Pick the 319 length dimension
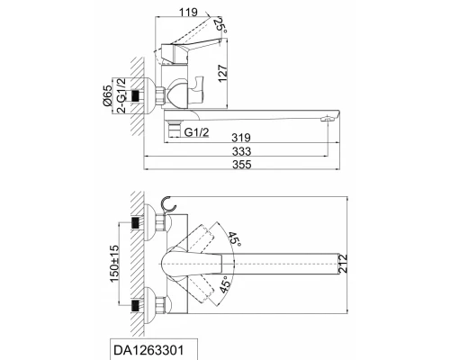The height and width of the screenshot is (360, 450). pyautogui.click(x=238, y=138)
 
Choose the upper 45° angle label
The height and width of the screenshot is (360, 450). pyautogui.click(x=234, y=239)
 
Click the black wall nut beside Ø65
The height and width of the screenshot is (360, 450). pyautogui.click(x=139, y=96)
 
